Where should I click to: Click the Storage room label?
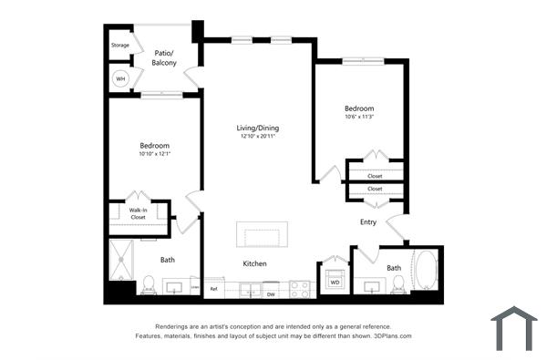coord(120,45)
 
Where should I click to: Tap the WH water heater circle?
coord(119,79)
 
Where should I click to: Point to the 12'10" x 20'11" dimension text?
coord(257,137)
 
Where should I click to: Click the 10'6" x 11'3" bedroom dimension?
coord(359,117)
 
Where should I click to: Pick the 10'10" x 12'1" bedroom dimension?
coord(156,154)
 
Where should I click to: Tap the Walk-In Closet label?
coord(138,214)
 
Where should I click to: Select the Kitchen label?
coord(254,263)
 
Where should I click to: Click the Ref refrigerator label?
coord(213,289)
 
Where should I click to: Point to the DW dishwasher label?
coord(271,294)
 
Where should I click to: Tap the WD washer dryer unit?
coord(335,282)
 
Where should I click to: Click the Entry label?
coord(368,221)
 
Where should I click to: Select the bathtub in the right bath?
coord(424,272)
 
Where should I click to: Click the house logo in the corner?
coord(513,329)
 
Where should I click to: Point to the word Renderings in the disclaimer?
coord(176,326)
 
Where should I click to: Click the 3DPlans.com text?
coord(392,335)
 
